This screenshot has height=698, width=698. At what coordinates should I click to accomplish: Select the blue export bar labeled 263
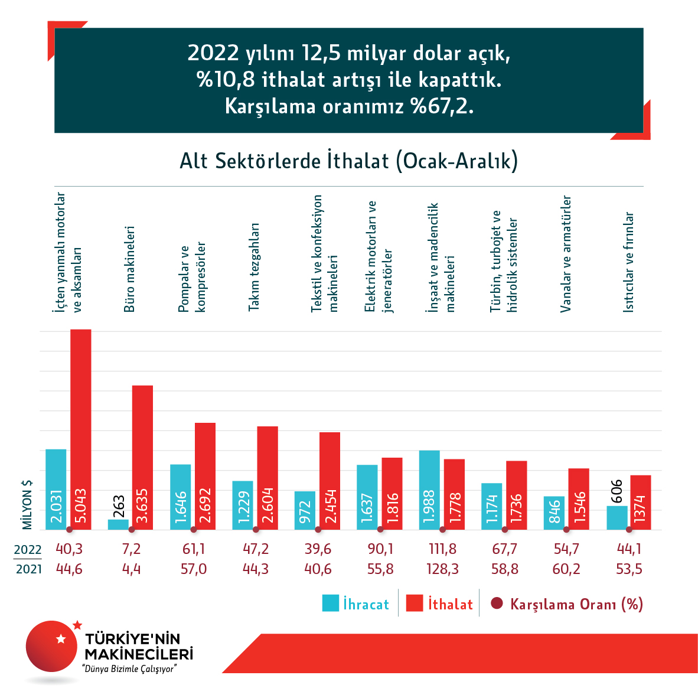click(118, 524)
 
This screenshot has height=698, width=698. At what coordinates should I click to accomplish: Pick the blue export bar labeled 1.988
click(429, 490)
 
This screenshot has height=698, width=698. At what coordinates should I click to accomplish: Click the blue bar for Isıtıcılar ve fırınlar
click(617, 517)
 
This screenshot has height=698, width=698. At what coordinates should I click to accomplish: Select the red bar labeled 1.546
click(579, 498)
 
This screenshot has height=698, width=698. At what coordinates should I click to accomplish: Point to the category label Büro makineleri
click(129, 269)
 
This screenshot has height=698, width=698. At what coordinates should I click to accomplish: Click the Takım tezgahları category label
click(253, 267)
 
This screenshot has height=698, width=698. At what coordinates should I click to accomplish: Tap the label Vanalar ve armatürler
click(566, 254)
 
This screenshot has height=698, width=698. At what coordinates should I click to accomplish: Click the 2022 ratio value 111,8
click(442, 549)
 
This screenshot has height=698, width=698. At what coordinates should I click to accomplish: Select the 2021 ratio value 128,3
click(442, 569)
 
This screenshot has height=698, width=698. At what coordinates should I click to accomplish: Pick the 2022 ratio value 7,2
click(131, 549)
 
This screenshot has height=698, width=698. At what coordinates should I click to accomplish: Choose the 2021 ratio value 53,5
click(629, 569)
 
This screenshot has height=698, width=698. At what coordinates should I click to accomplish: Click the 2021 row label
click(28, 570)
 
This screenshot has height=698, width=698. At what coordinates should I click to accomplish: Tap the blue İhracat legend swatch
click(330, 603)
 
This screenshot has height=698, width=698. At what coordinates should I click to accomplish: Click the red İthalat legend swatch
click(415, 603)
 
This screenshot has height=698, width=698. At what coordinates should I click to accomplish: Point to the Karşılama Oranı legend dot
click(497, 604)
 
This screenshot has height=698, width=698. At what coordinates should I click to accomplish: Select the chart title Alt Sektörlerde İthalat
click(348, 161)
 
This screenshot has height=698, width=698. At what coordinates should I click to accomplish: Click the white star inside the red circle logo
click(60, 638)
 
